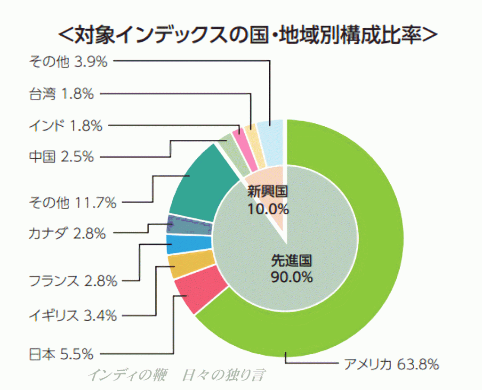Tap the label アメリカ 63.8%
coord(391,364)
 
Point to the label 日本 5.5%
coord(61,353)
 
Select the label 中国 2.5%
coord(61,156)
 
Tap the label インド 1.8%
coord(65,126)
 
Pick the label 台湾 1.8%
coord(61,94)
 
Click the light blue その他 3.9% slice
coord(272,141)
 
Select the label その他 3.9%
coord(68,60)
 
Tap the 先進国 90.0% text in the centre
coord(292,268)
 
